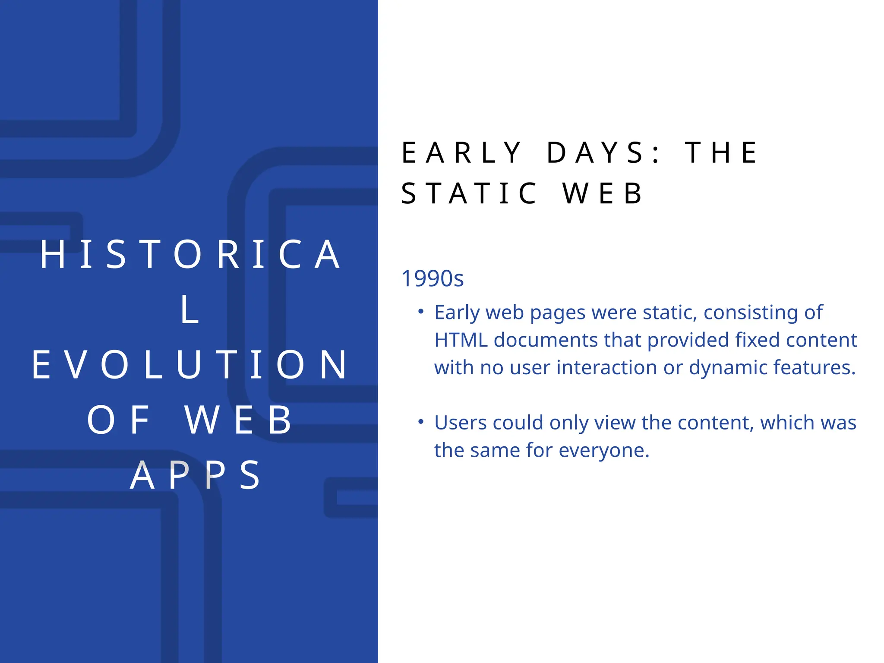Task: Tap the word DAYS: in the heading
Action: (x=602, y=153)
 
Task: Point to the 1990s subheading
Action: (x=432, y=278)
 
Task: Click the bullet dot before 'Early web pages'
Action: (x=421, y=312)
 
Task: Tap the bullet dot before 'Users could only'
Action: (x=421, y=422)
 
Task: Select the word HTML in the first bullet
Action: (x=461, y=340)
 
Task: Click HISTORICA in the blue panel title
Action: (x=190, y=255)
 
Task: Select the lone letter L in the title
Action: (x=189, y=309)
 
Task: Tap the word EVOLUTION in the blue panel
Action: (x=189, y=365)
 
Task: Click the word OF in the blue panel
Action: (x=119, y=420)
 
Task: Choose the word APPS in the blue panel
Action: (x=195, y=475)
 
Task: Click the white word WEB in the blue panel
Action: (x=239, y=420)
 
